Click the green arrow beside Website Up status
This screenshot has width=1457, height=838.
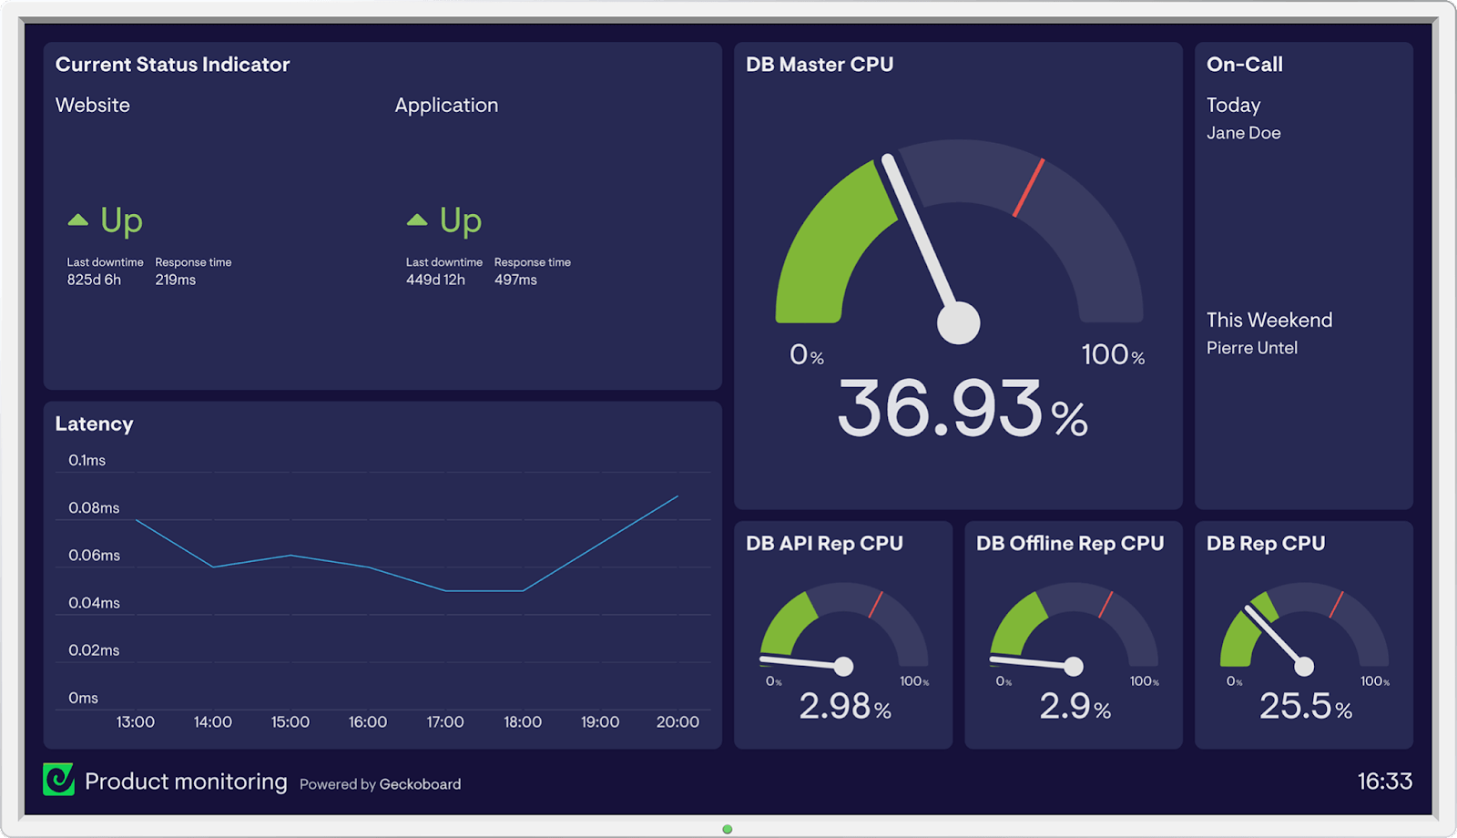coord(78,220)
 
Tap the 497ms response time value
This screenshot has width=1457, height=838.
coord(515,280)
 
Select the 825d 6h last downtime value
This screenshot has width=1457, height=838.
coord(94,280)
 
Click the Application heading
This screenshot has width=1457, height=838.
coord(446,105)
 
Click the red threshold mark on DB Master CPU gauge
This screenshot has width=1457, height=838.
coord(1029,188)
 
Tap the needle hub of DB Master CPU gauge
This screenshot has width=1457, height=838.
coord(959,322)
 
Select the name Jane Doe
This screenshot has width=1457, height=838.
coord(1243,133)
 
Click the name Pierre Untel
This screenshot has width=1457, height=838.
coord(1251,348)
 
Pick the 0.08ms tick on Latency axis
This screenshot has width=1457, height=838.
coord(94,507)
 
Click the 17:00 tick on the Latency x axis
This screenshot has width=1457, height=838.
coord(445,721)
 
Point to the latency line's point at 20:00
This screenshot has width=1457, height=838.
coord(678,496)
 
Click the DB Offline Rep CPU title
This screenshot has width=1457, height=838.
coord(1070,543)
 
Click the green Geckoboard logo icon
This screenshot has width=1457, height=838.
coord(59,780)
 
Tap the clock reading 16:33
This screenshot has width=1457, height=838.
coord(1384,781)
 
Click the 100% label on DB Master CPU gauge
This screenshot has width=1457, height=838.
coord(1112,354)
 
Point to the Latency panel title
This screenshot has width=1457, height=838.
coord(94,424)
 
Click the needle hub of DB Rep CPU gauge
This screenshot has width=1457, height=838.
coord(1304,666)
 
